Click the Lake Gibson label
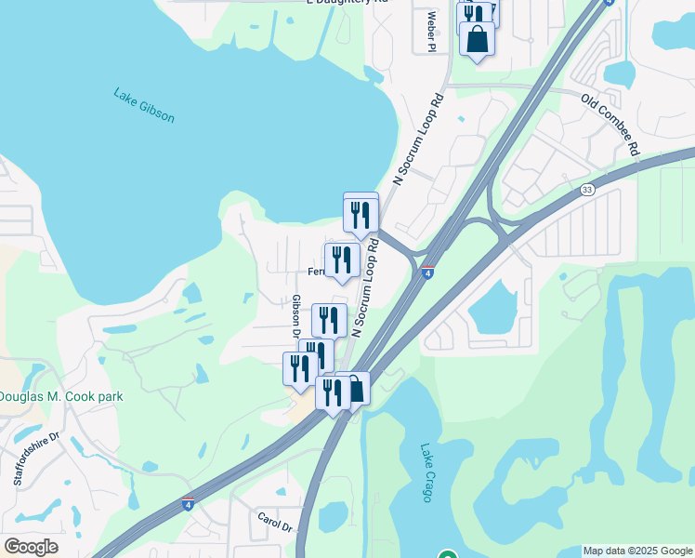tap(144, 105)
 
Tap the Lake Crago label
tap(426, 472)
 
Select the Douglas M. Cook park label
tap(60, 396)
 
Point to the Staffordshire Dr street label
tap(36, 458)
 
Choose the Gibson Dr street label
tap(296, 317)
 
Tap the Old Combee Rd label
tap(610, 123)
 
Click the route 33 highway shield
tap(587, 190)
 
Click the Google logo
tap(31, 547)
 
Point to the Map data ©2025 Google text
tap(637, 551)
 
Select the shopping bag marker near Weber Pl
tap(477, 40)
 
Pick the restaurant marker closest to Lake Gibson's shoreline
tap(361, 213)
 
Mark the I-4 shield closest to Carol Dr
tap(188, 503)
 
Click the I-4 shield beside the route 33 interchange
tap(426, 272)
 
